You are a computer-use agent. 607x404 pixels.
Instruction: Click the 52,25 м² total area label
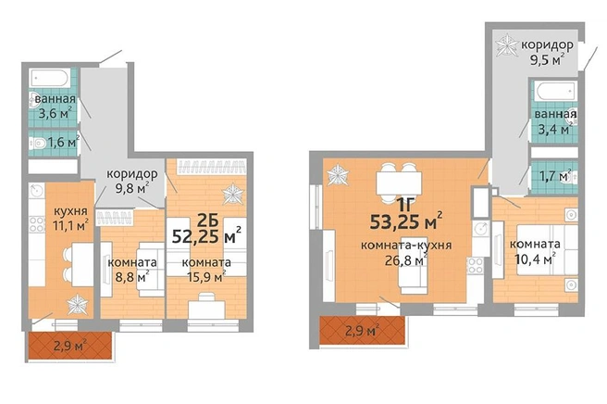[x=206, y=235]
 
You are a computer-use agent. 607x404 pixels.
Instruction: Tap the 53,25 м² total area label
[x=406, y=221]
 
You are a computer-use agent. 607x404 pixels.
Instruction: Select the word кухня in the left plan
[x=70, y=211]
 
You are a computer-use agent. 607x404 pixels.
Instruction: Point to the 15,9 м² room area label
[x=206, y=276]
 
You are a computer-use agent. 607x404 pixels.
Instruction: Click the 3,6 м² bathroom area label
[x=56, y=113]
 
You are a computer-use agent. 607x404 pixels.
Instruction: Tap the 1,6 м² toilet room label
[x=64, y=143]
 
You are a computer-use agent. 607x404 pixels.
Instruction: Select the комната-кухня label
[x=406, y=246]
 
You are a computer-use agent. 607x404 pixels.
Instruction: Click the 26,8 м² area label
[x=406, y=259]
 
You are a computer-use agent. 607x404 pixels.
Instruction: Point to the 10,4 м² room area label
[x=536, y=258]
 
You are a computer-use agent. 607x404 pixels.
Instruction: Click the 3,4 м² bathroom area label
[x=555, y=128]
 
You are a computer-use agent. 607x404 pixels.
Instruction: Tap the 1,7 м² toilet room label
[x=555, y=176]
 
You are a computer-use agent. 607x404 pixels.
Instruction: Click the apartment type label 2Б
[x=208, y=221]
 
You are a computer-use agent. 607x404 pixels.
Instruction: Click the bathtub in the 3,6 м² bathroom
[x=50, y=79]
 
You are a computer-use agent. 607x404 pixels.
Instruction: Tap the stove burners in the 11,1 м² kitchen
[x=37, y=224]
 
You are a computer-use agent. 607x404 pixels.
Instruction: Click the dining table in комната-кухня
[x=399, y=183]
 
